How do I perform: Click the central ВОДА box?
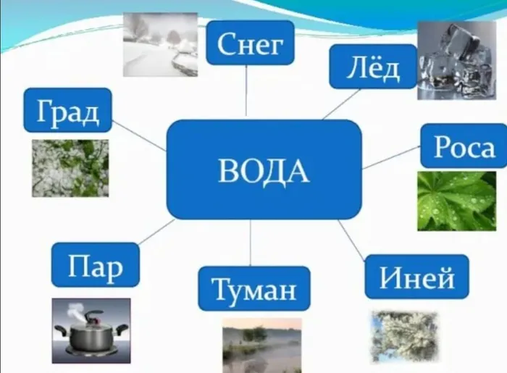264,169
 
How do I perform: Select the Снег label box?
250,42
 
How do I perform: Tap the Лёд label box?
373,67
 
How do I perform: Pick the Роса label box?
464,146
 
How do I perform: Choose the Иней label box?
416,277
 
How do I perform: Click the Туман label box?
253,288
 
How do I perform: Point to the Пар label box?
96,264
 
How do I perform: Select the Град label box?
67,110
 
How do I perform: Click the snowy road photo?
160,45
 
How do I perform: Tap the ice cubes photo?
456,60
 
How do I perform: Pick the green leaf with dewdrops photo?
456,201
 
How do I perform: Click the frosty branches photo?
404,337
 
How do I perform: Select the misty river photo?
262,345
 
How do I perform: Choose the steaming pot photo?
91,330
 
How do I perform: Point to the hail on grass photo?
70,168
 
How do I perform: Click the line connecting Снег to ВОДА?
246,91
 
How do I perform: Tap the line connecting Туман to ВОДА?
251,243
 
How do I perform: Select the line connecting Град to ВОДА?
139,135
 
